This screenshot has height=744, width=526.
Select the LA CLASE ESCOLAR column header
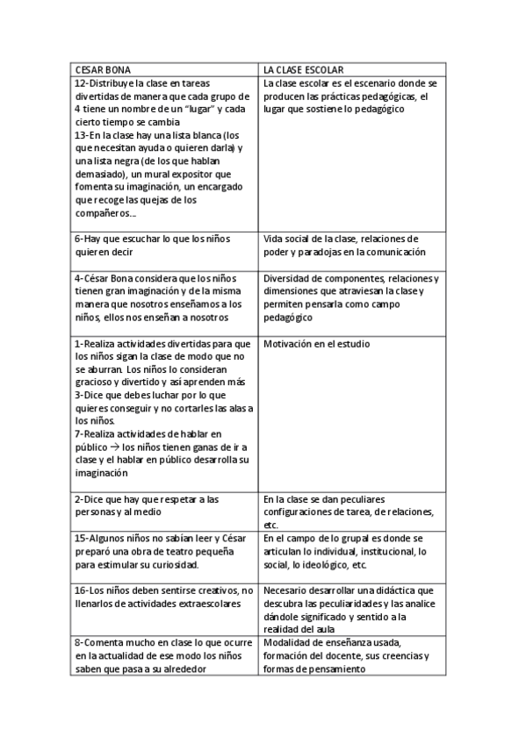pos(303,68)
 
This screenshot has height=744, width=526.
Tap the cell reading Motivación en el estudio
pos(316,344)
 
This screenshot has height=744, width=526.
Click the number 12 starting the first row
pos(79,83)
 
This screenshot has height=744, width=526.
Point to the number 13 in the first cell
pos(79,135)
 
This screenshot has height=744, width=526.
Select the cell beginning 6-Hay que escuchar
pos(163,245)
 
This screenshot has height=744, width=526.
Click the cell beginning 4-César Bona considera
pos(163,298)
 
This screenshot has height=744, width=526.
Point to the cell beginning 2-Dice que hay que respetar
pos(163,505)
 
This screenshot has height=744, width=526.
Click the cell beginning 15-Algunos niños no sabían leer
pos(163,551)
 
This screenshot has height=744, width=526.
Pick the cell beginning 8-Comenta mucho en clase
pos(163,656)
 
